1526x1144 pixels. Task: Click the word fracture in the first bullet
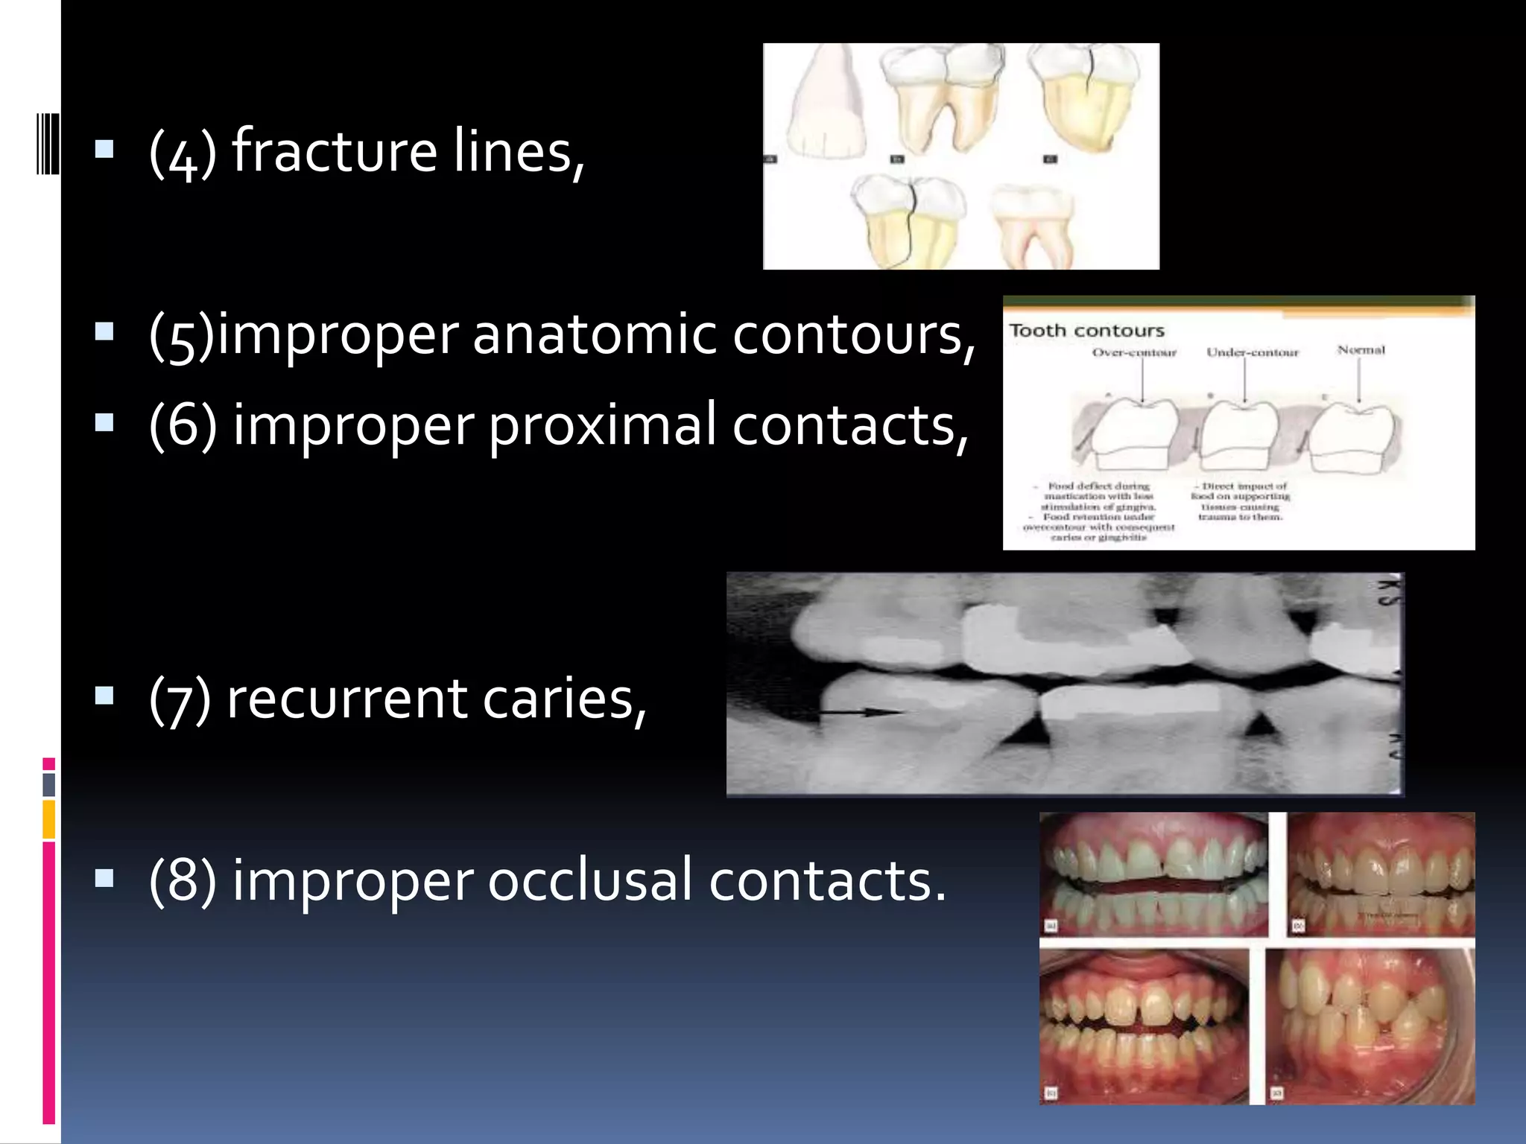pyautogui.click(x=335, y=151)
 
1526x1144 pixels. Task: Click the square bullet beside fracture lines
pyautogui.click(x=104, y=150)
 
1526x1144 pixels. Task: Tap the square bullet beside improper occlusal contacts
pyautogui.click(x=104, y=879)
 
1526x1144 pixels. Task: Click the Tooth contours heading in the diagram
pyautogui.click(x=1086, y=331)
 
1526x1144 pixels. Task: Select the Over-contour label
pyautogui.click(x=1134, y=352)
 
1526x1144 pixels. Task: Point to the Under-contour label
pyautogui.click(x=1252, y=352)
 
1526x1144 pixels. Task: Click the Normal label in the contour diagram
pyautogui.click(x=1361, y=349)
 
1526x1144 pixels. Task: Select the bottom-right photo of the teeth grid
pyautogui.click(x=1370, y=1026)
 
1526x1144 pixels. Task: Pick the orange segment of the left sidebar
pyautogui.click(x=48, y=819)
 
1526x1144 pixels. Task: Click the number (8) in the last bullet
pyautogui.click(x=183, y=880)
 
